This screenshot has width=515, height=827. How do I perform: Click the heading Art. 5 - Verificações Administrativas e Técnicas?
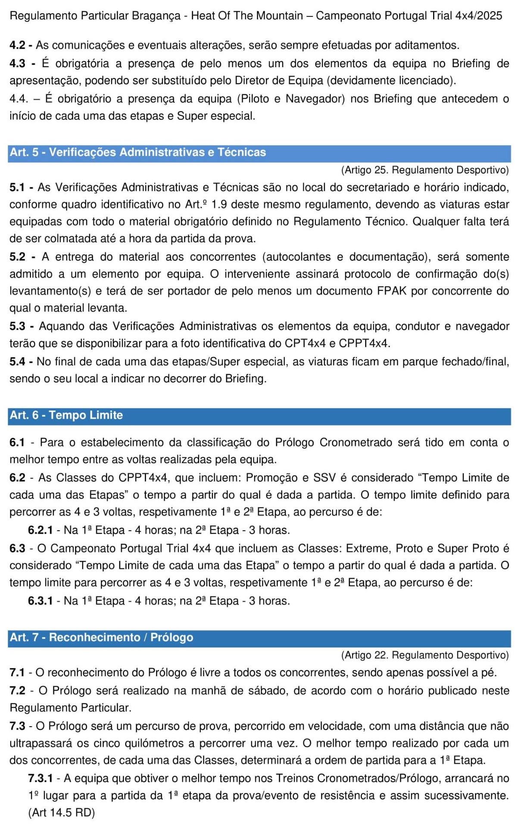[x=138, y=152]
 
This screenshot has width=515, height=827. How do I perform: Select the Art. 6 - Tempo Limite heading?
[x=66, y=415]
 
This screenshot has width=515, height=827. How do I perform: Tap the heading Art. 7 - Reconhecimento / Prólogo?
[x=101, y=637]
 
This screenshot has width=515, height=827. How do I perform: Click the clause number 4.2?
[x=18, y=45]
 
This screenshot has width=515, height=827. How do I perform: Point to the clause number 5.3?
[x=18, y=326]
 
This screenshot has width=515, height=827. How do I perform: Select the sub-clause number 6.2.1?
[x=40, y=530]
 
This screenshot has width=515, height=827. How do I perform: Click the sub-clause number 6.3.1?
[x=40, y=601]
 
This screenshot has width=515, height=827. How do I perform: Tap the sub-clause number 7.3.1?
[x=40, y=778]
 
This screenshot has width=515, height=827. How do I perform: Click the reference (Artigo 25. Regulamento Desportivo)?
[x=425, y=170]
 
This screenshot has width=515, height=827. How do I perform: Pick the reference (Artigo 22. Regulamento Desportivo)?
[x=425, y=655]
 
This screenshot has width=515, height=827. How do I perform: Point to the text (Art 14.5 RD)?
[x=62, y=813]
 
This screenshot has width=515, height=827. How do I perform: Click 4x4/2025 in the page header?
[x=479, y=16]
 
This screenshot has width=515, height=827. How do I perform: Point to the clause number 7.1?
[x=18, y=673]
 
